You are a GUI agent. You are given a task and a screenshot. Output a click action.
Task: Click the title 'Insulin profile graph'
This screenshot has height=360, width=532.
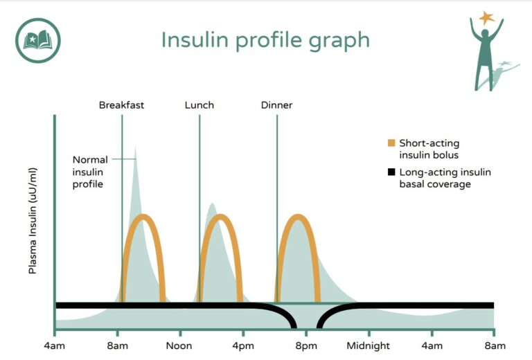pyautogui.click(x=265, y=39)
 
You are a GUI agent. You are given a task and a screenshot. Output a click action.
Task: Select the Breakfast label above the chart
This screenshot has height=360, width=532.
pyautogui.click(x=121, y=105)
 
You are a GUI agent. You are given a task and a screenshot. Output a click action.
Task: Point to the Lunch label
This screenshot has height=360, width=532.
pyautogui.click(x=199, y=105)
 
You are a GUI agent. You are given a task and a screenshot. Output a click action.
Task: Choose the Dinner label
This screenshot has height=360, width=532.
pyautogui.click(x=276, y=105)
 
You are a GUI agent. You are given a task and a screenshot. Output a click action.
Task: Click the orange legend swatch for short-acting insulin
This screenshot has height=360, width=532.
pyautogui.click(x=391, y=143)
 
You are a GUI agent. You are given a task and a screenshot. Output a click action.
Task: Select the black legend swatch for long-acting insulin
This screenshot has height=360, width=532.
pyautogui.click(x=391, y=172)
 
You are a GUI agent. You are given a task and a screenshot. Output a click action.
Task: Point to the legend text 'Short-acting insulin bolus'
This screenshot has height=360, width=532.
pyautogui.click(x=429, y=149)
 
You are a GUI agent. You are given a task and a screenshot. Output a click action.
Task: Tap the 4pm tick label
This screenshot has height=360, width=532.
pyautogui.click(x=242, y=345)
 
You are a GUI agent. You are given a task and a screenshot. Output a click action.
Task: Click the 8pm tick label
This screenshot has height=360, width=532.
pyautogui.click(x=305, y=345)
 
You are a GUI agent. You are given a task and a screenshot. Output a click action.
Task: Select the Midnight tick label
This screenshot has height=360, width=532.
pyautogui.click(x=369, y=345)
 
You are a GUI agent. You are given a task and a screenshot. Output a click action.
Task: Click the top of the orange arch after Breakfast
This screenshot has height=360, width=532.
pyautogui.click(x=143, y=217)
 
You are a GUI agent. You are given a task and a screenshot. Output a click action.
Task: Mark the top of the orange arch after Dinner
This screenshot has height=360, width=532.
pyautogui.click(x=298, y=217)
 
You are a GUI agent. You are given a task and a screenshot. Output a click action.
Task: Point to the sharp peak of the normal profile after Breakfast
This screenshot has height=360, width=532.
pyautogui.click(x=135, y=145)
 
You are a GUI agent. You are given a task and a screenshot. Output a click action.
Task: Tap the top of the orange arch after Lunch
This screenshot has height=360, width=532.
pyautogui.click(x=221, y=217)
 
